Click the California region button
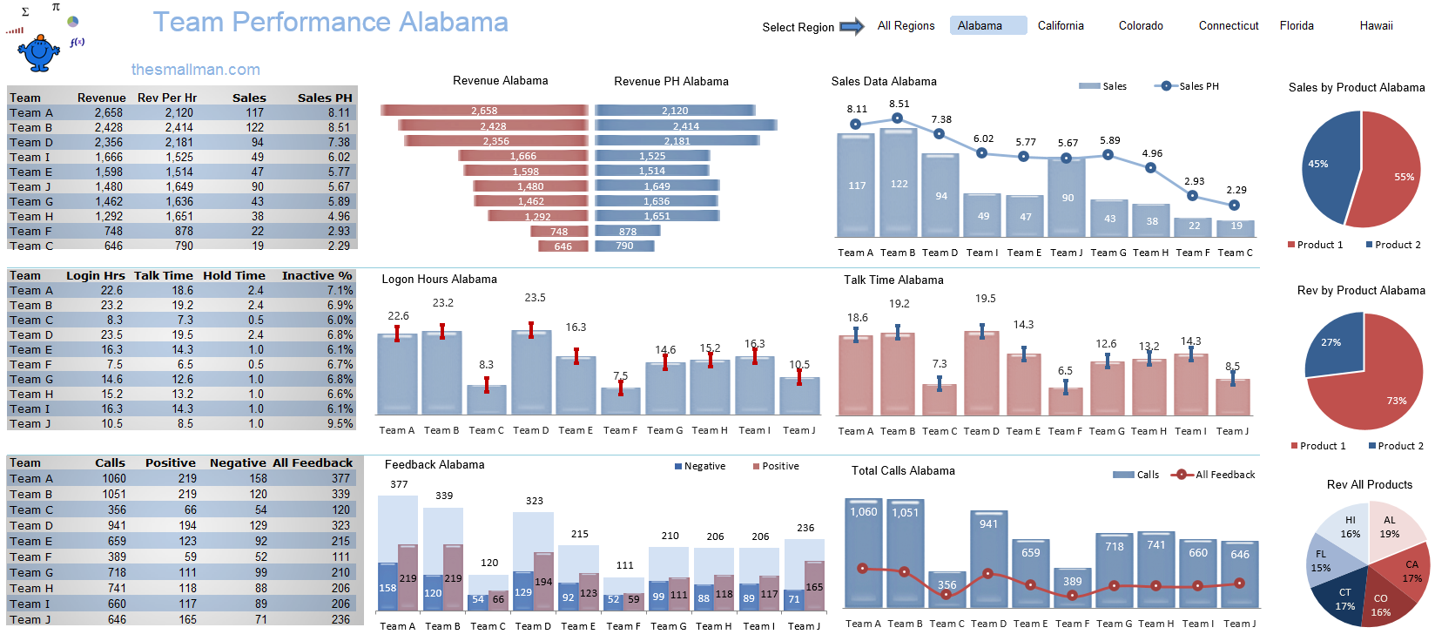point(1060,26)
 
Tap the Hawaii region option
point(1376,26)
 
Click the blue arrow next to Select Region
point(851,27)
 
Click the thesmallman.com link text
point(195,70)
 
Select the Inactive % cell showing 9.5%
point(340,423)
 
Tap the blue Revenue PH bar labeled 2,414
point(685,126)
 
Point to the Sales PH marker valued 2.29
point(1234,206)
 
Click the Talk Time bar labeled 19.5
point(981,374)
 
